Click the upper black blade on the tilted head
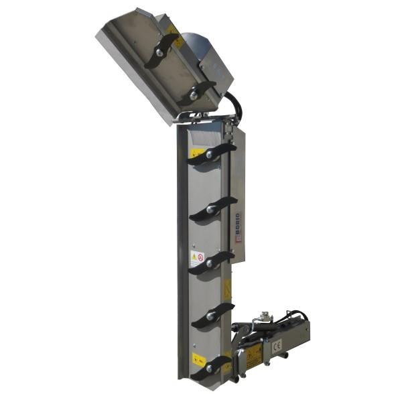(x=162, y=48)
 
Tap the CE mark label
(x=276, y=346)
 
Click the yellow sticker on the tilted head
(x=173, y=29)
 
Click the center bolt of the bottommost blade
(x=210, y=368)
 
